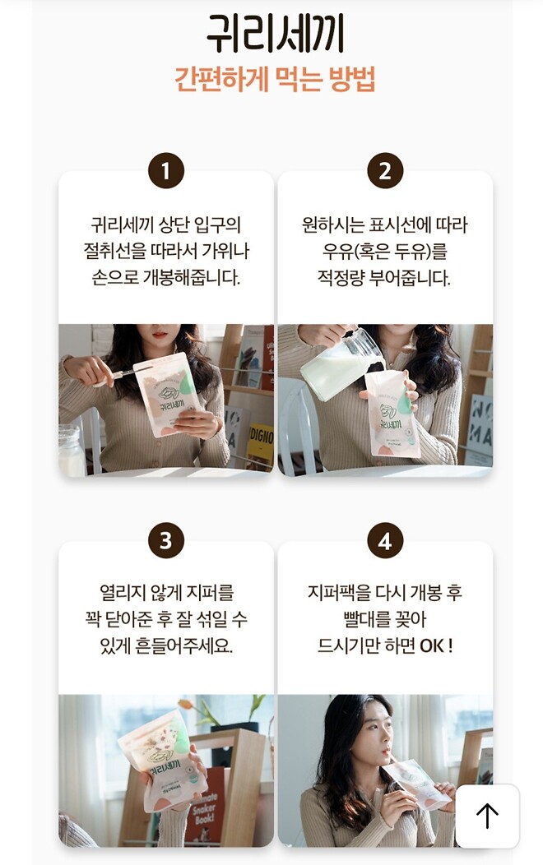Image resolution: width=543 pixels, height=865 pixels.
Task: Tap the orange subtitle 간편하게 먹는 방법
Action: (x=275, y=80)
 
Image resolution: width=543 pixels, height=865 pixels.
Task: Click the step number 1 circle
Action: (x=166, y=171)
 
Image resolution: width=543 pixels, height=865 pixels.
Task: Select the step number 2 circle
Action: (x=385, y=171)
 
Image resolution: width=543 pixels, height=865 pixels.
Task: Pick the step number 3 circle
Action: (x=166, y=541)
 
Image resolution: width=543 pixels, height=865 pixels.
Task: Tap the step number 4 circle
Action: (x=385, y=541)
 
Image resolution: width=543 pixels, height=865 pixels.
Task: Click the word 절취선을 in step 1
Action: (x=114, y=251)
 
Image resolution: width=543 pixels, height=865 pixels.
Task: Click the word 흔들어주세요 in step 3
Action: (x=179, y=645)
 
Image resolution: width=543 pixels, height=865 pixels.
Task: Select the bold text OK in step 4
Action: (x=431, y=645)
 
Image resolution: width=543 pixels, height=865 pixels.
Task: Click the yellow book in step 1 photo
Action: (x=261, y=445)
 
